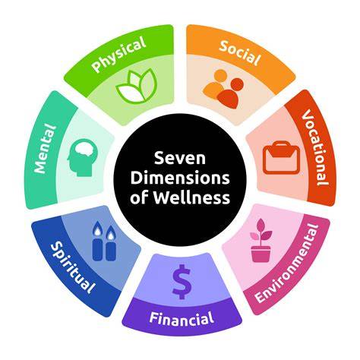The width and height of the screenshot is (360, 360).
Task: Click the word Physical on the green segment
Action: [119, 54]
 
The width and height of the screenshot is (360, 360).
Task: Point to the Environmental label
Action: [287, 264]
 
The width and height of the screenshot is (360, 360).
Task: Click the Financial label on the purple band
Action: [182, 318]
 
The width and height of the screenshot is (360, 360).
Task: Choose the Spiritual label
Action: [73, 267]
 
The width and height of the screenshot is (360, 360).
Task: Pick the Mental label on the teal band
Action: [45, 149]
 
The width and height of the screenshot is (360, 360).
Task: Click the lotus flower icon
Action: [137, 87]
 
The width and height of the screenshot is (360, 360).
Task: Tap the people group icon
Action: [223, 89]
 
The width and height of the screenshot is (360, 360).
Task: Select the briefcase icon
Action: [281, 158]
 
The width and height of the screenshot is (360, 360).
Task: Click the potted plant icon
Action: [261, 241]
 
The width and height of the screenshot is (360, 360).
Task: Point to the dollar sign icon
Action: [182, 282]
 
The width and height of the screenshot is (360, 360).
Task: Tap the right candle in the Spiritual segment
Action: [111, 244]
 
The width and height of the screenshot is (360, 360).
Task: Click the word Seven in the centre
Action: [180, 158]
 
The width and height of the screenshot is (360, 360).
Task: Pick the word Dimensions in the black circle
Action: [180, 178]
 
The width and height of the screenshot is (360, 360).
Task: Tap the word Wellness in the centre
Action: [191, 197]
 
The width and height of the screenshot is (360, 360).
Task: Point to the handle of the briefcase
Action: [281, 145]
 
